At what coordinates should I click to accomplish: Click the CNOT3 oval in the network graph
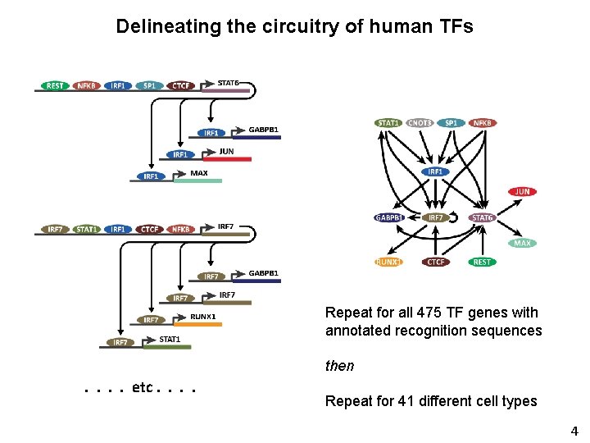(x=420, y=123)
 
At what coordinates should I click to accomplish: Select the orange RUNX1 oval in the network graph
(x=389, y=263)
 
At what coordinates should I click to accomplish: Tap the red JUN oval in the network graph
(x=522, y=191)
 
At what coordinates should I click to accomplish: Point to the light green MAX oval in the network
(x=522, y=244)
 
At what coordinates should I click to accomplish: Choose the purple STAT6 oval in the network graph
(x=483, y=217)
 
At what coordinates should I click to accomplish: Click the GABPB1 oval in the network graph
(x=389, y=217)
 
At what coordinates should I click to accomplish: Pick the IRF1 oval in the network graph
(x=435, y=171)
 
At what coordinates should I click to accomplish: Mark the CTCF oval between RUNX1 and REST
(x=436, y=263)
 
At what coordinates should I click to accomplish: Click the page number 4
(x=574, y=431)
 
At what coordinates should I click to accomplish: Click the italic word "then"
(x=339, y=366)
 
